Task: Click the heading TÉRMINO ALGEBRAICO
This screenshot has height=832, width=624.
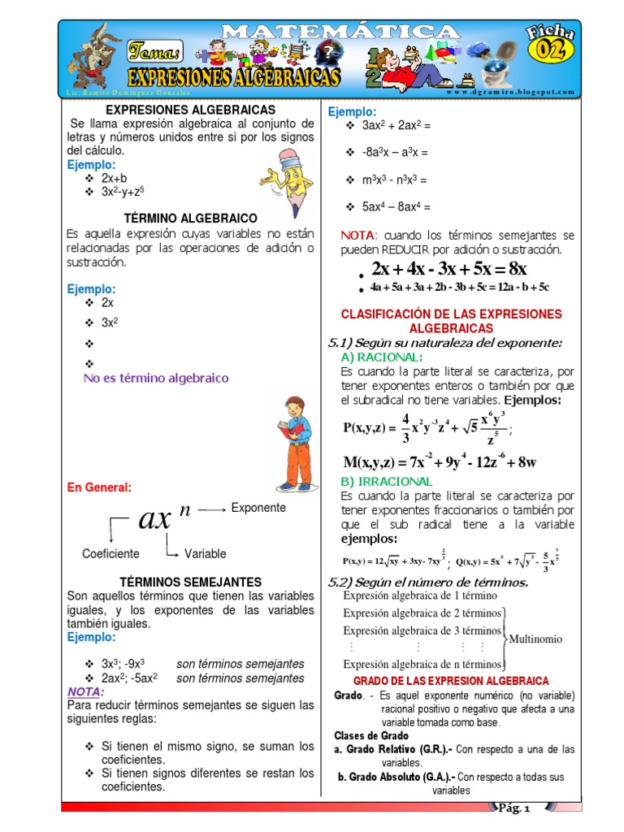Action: coord(190,219)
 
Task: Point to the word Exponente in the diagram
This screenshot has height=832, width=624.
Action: coord(258,508)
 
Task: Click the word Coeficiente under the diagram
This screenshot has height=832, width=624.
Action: coord(110,553)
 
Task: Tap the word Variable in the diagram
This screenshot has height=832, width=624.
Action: coord(205,553)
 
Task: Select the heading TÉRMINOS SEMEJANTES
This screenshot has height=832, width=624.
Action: coord(190,582)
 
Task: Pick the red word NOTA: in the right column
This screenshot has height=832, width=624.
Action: coord(358,235)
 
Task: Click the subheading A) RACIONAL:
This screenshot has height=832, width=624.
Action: coord(381,357)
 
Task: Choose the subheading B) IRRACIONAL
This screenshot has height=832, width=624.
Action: coord(386,482)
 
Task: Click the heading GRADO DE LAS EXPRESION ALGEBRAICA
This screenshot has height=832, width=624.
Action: coord(452,680)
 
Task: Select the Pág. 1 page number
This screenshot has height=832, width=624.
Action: coord(513,808)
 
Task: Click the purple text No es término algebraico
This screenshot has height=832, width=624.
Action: coord(156,378)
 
